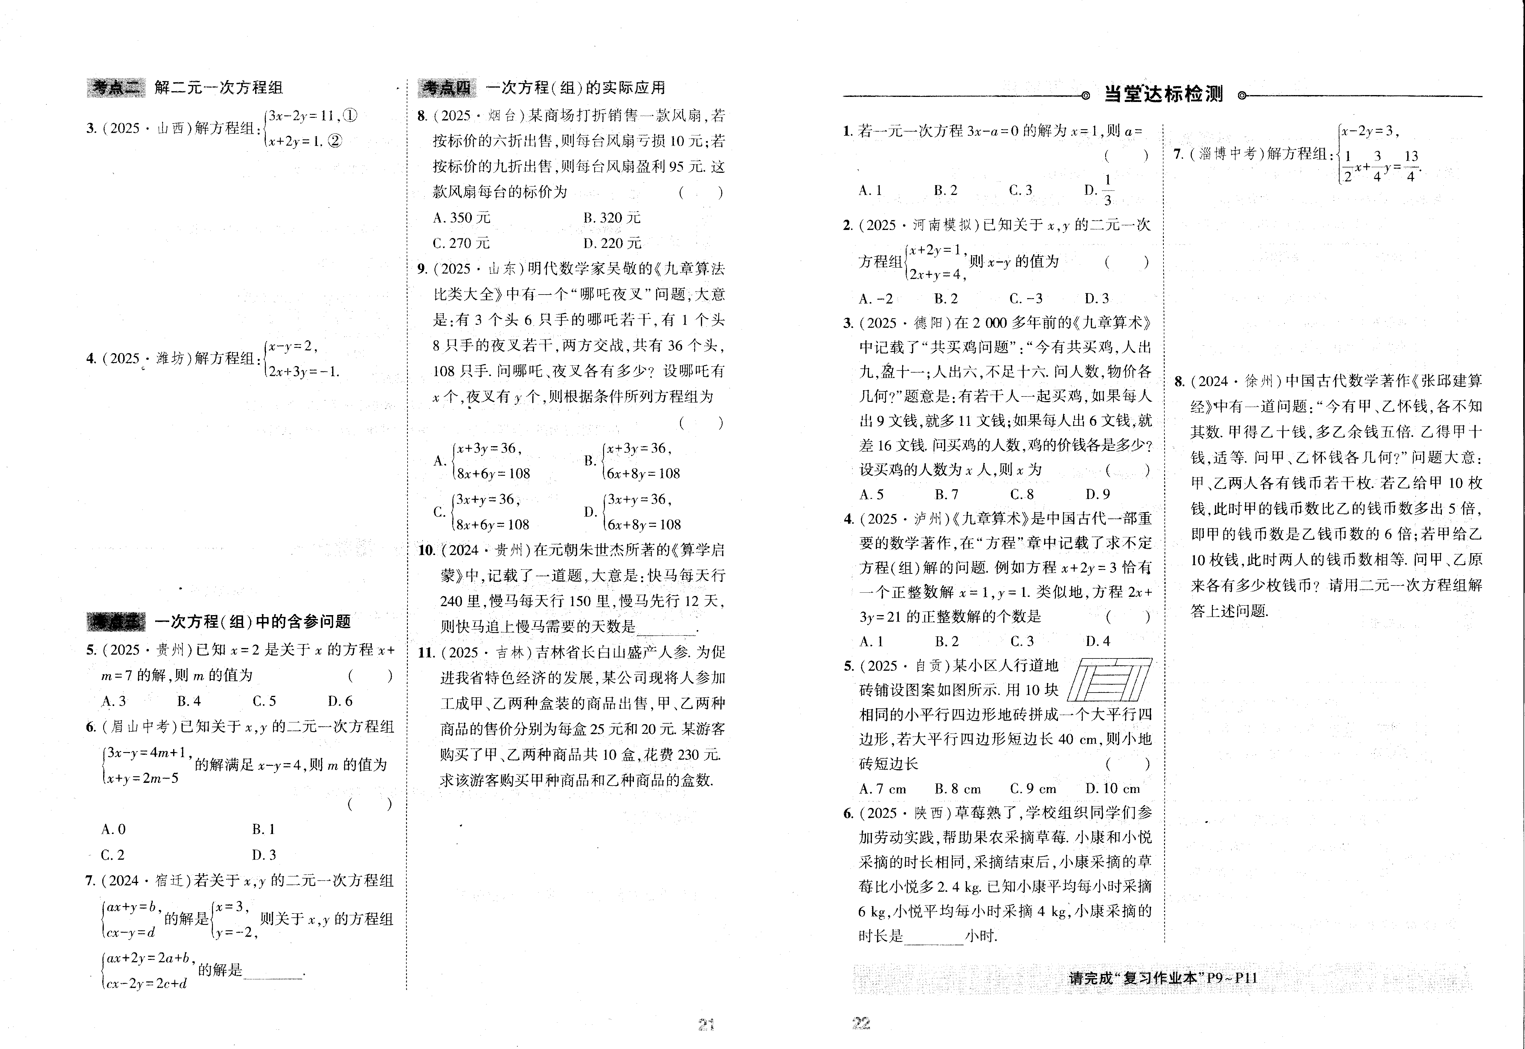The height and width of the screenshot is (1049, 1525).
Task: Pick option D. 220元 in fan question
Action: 612,243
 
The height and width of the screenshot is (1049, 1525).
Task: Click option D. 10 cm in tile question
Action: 1112,789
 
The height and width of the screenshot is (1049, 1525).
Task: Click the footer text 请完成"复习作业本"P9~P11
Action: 1163,978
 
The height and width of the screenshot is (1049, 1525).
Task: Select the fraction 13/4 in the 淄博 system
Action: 1411,166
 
